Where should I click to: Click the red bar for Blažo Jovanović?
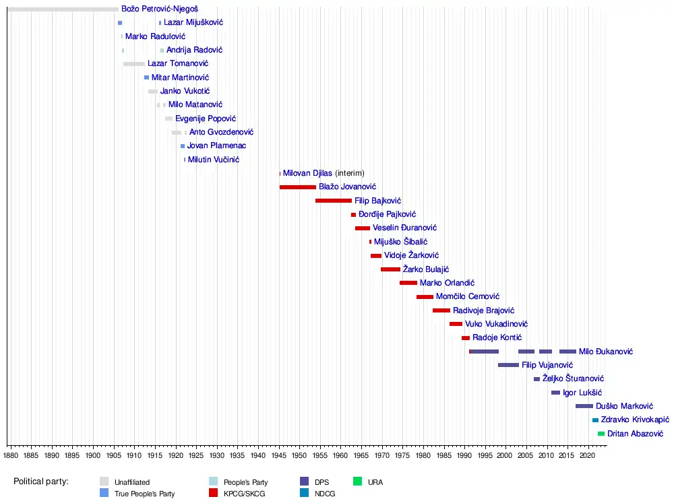297,187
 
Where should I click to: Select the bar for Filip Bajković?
334,201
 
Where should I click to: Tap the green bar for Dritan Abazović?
601,434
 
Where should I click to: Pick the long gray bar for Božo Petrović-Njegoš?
63,9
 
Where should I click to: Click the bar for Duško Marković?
584,406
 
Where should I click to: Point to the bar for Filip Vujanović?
508,365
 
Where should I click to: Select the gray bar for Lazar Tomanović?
134,64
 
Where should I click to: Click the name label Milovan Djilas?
307,173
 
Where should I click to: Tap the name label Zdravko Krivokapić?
635,420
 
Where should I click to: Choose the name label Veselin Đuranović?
404,228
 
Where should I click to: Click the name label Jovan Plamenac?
216,145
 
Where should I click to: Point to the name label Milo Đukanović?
606,352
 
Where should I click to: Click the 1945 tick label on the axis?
278,455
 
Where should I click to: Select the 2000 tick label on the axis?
505,455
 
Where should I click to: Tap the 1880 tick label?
11,455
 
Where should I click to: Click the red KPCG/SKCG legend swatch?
213,493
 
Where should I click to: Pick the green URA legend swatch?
357,481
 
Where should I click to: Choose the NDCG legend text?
325,494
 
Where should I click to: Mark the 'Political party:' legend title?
41,481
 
